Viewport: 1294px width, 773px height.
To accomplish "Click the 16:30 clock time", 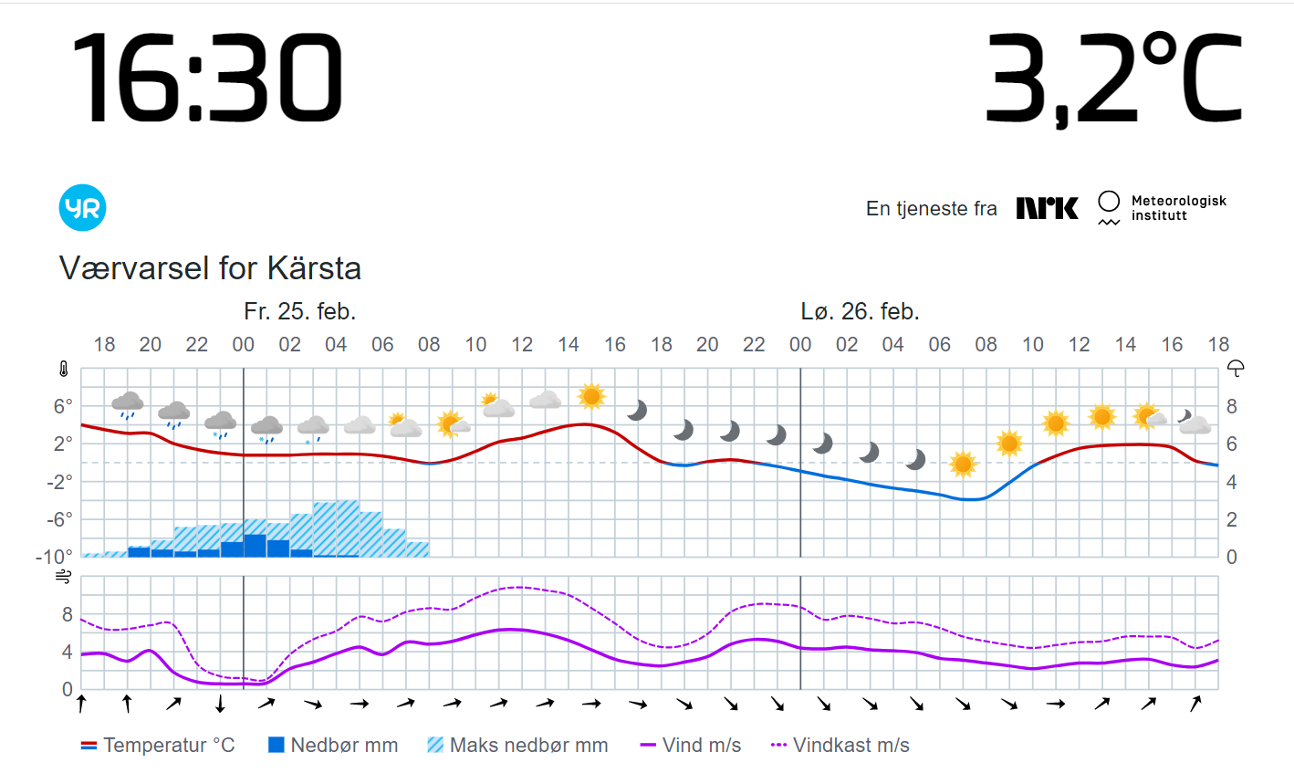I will (207, 78).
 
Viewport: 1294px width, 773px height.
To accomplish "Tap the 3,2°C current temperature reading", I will (1113, 79).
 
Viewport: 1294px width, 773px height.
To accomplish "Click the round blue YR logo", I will (83, 208).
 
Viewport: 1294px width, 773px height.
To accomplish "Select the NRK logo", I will (1047, 208).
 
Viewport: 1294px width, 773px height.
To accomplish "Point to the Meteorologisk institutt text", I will (1178, 208).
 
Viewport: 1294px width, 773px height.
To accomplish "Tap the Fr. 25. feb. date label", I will (299, 312).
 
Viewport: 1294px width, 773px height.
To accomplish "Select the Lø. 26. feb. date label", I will (860, 312).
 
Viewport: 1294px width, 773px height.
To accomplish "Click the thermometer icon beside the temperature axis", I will (64, 370).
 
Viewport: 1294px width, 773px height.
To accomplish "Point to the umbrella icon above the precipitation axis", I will (1236, 369).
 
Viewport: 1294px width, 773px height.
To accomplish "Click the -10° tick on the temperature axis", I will (54, 557).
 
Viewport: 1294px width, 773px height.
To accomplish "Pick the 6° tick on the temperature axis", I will (63, 406).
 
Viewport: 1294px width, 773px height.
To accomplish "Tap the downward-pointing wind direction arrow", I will (220, 704).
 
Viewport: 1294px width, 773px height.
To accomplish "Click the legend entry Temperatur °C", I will (158, 746).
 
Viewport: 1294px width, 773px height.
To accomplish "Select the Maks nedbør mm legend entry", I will (517, 746).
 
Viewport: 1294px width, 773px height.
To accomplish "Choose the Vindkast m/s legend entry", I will (840, 746).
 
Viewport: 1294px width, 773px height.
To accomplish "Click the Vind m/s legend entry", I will (691, 746).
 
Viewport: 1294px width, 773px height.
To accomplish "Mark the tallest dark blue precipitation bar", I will (255, 546).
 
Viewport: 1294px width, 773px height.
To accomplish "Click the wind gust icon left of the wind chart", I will (64, 577).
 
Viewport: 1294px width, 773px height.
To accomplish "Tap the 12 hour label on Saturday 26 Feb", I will (1079, 345).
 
